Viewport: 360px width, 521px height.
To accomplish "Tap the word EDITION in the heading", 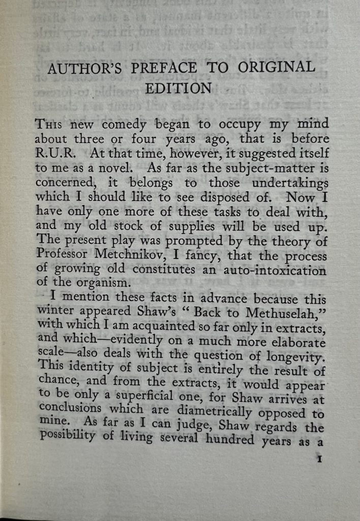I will (x=178, y=88).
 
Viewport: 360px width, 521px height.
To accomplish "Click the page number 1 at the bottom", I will (x=320, y=459).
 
